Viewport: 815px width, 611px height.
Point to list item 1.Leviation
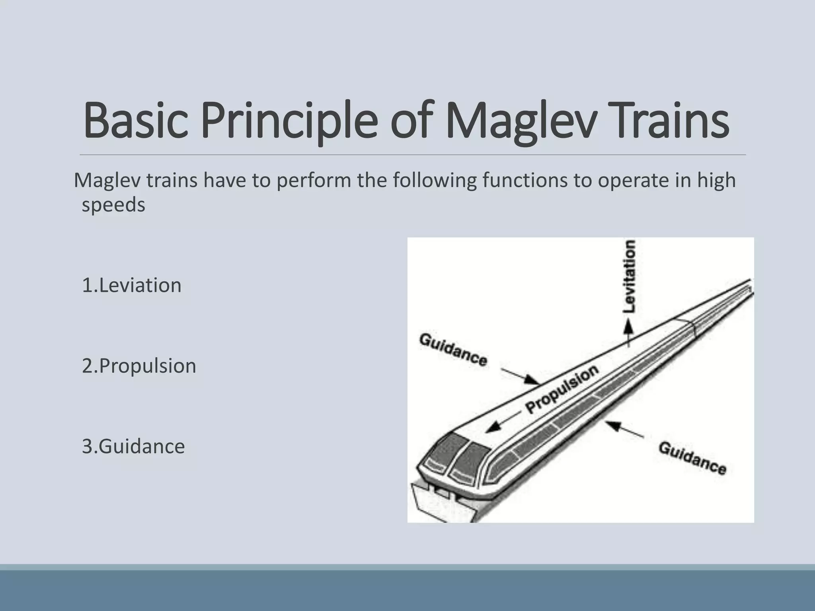click(132, 285)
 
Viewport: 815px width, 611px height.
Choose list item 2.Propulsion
click(139, 366)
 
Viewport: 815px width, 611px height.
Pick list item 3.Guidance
click(133, 446)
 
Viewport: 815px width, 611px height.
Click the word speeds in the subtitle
click(113, 205)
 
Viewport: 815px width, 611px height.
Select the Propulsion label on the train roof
click(562, 389)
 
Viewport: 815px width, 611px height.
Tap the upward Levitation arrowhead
click(628, 327)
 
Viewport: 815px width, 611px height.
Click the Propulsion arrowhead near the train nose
click(493, 427)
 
